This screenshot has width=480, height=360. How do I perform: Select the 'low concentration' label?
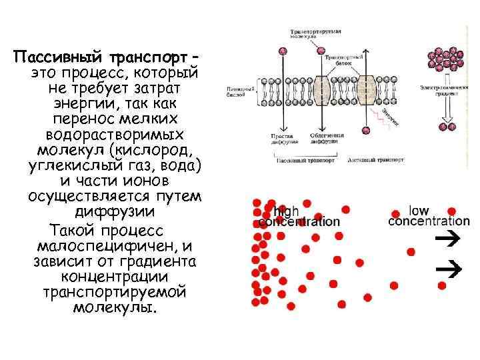(428, 215)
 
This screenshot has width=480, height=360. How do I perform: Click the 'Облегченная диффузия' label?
(326, 139)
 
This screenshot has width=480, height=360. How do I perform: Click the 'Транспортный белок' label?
(342, 61)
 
